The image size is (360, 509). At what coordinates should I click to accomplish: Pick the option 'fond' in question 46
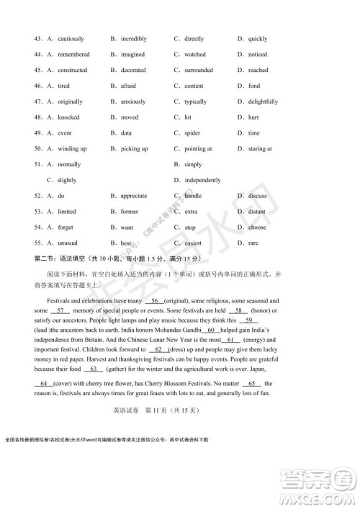[x=254, y=86]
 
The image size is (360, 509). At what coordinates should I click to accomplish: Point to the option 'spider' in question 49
[x=192, y=133]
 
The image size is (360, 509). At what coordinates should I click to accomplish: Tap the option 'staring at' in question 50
[x=259, y=149]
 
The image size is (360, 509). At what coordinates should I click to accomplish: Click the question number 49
[x=37, y=133]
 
